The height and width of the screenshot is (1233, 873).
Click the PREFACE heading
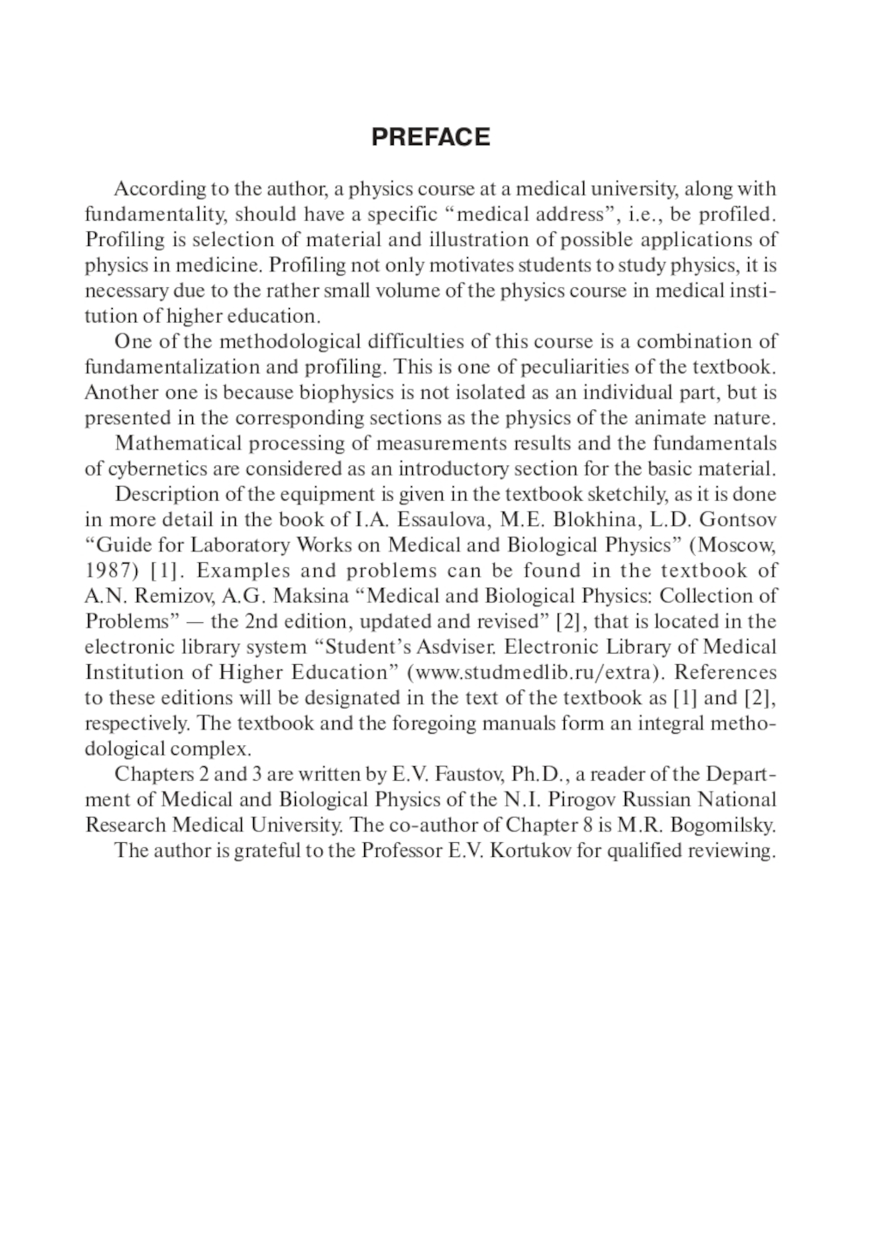coord(430,137)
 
